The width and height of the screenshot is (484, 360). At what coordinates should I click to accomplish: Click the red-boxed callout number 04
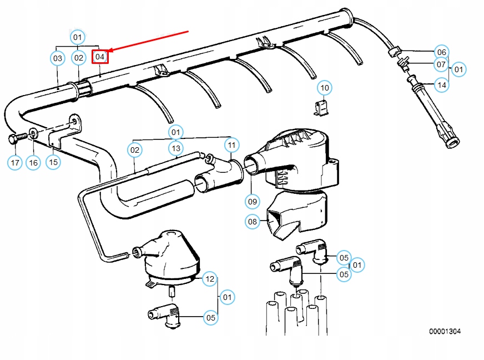(100, 56)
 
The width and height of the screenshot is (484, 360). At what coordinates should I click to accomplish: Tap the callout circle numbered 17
(15, 162)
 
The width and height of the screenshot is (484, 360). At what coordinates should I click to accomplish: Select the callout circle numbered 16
(33, 162)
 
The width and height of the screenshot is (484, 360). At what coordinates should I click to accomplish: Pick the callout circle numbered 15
(53, 162)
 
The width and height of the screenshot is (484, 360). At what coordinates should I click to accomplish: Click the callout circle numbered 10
(325, 88)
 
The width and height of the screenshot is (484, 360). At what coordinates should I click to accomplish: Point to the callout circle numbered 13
(176, 148)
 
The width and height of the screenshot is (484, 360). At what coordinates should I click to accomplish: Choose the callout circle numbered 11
(231, 146)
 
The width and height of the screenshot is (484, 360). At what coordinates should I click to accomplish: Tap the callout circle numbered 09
(253, 201)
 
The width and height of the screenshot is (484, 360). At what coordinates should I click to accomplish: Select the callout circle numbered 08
(253, 222)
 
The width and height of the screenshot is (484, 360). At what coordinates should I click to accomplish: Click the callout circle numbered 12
(209, 278)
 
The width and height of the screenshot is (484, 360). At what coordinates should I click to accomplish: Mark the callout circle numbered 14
(441, 85)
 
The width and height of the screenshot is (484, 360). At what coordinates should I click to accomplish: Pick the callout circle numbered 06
(441, 52)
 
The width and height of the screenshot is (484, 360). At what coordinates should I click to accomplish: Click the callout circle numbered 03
(58, 57)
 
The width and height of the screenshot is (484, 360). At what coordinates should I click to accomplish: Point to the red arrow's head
(109, 49)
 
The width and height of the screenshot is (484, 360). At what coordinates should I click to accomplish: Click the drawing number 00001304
(445, 332)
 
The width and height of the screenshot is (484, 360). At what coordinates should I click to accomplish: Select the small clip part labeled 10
(321, 108)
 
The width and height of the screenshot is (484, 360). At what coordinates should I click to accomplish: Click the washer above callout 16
(33, 133)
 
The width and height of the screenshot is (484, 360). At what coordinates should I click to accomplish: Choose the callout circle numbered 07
(441, 65)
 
